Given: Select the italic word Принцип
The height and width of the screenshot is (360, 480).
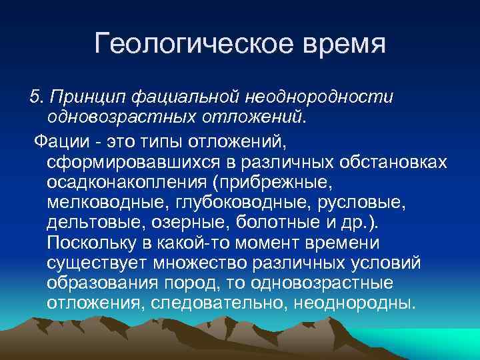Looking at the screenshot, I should point(86,97).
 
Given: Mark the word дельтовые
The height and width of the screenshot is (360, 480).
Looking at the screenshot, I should point(87,223).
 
